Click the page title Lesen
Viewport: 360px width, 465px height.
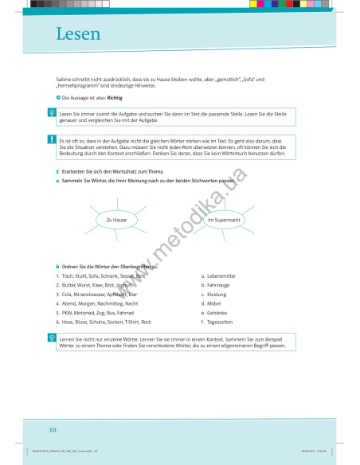click(x=78, y=34)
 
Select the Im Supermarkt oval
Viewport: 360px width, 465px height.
click(x=224, y=219)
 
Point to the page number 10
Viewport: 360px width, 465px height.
click(x=53, y=430)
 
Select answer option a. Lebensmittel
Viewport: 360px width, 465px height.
click(x=220, y=275)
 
